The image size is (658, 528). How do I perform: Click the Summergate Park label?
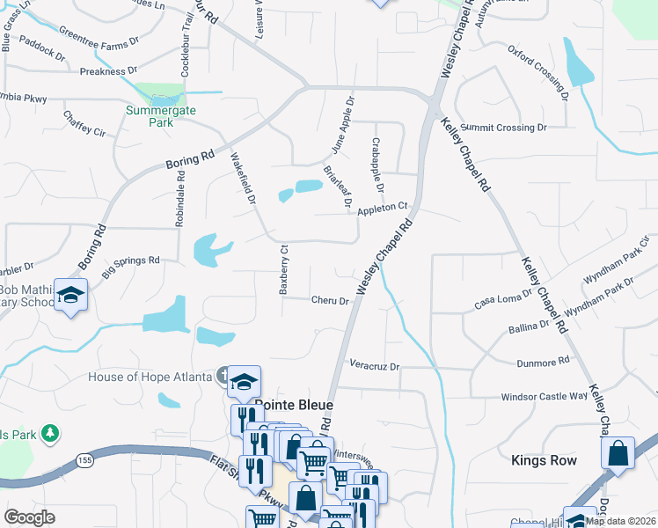pyautogui.click(x=160, y=116)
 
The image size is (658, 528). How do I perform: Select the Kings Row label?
pyautogui.click(x=544, y=460)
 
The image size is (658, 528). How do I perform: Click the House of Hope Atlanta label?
pyautogui.click(x=150, y=378)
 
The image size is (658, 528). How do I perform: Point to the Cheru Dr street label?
pyautogui.click(x=331, y=300)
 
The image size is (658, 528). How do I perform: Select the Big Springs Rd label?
pyautogui.click(x=129, y=266)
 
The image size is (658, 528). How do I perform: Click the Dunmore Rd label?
pyautogui.click(x=545, y=360)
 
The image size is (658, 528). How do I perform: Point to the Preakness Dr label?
pyautogui.click(x=108, y=70)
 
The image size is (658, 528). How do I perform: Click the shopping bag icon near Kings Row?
pyautogui.click(x=618, y=453)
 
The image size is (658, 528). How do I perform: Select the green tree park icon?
pyautogui.click(x=51, y=433)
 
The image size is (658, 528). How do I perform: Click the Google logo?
pyautogui.click(x=29, y=517)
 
